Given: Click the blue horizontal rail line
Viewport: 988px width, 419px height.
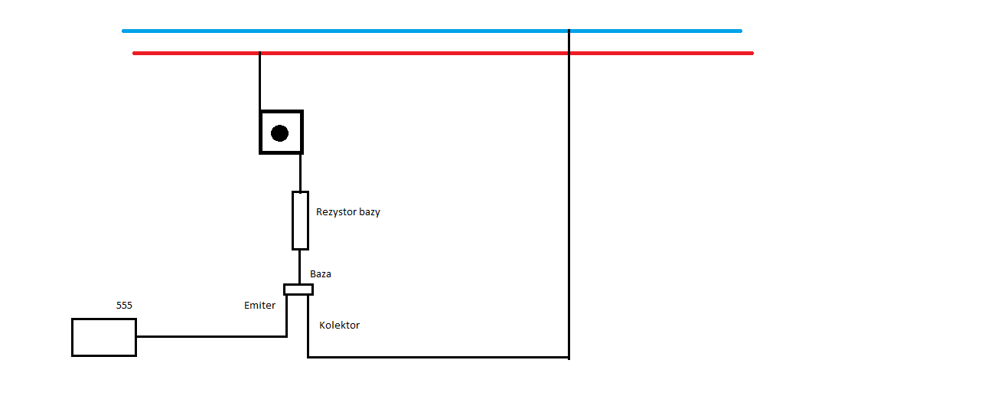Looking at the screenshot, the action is pos(432,31).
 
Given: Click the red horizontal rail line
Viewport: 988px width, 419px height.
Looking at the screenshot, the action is pos(443,54).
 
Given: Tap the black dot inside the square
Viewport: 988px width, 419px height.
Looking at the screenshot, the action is pos(279,133).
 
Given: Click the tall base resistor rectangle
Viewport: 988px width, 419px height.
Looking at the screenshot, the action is pos(292,221).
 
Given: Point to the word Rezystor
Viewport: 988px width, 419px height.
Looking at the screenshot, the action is pos(336,212).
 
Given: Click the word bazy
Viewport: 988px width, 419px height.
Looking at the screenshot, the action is pos(370,212).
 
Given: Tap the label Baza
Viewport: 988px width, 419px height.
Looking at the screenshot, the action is pos(321,274).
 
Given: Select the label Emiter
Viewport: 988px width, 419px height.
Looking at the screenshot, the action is pos(259,306).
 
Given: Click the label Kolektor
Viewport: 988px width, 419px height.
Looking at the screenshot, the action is pos(340,326).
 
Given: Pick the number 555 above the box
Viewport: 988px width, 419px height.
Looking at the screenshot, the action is pos(124,306).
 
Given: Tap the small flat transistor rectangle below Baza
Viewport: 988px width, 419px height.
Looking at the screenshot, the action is pos(298,285).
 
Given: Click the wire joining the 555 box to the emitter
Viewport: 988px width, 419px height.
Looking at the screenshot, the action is pos(212,337).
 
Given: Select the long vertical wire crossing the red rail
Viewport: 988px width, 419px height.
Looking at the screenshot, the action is pos(569,195).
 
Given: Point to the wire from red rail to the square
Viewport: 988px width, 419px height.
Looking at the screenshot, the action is pos(259,81).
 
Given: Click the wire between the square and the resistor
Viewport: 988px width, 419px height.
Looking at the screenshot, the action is pos(300,173).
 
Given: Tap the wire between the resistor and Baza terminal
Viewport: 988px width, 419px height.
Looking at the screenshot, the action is pos(300,267).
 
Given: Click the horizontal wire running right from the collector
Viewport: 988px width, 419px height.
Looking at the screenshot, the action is pos(439,357).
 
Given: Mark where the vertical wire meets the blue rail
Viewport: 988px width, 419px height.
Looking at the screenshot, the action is pos(569,31).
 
